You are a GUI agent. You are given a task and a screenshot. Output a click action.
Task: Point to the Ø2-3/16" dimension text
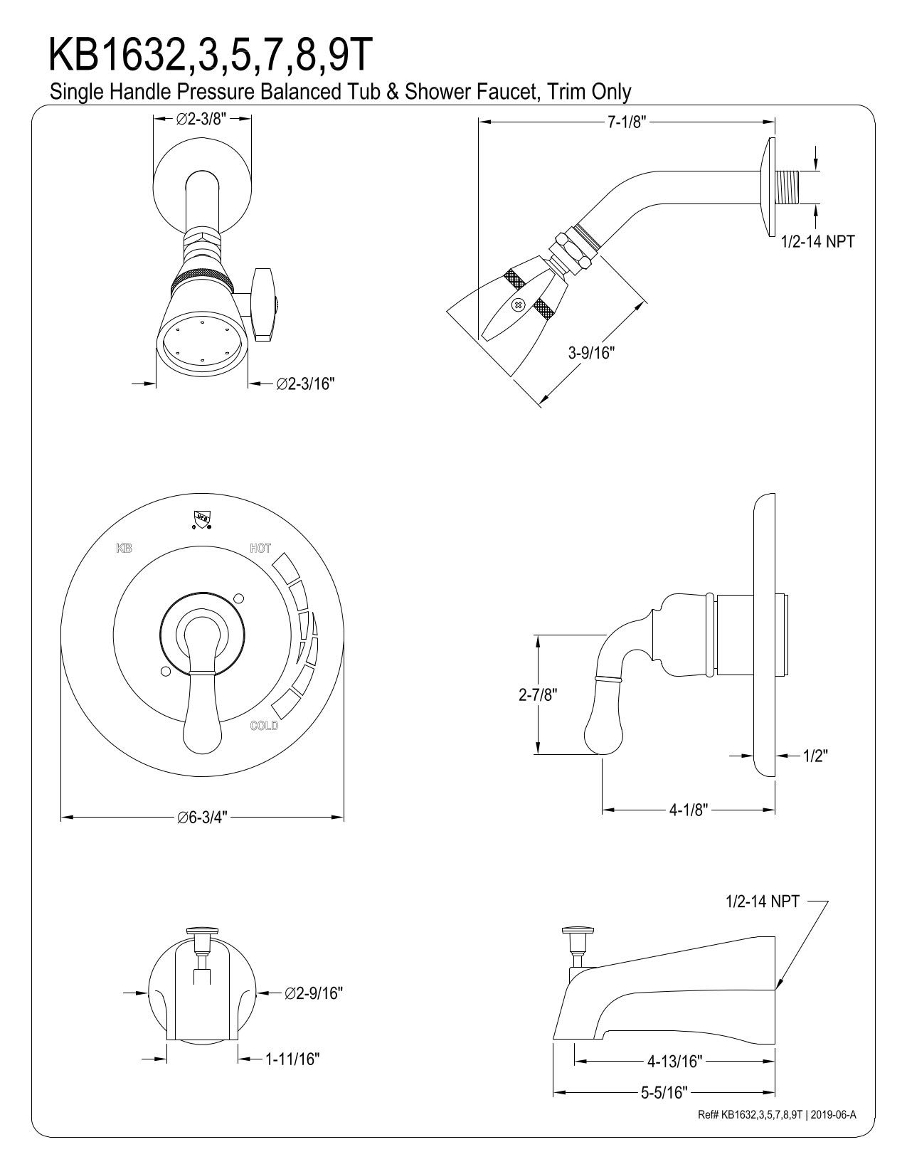pos(305,384)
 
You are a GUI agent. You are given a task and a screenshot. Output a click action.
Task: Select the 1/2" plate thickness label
pos(816,756)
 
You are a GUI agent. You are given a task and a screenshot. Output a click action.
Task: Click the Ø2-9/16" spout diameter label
pos(314,993)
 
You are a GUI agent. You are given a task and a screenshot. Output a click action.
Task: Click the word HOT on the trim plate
pos(260,549)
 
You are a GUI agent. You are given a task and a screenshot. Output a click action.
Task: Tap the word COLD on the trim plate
pos(264,726)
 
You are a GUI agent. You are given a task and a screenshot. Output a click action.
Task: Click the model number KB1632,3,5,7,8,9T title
pos(209,55)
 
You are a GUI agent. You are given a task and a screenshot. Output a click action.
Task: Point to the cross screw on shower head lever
pos(518,306)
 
